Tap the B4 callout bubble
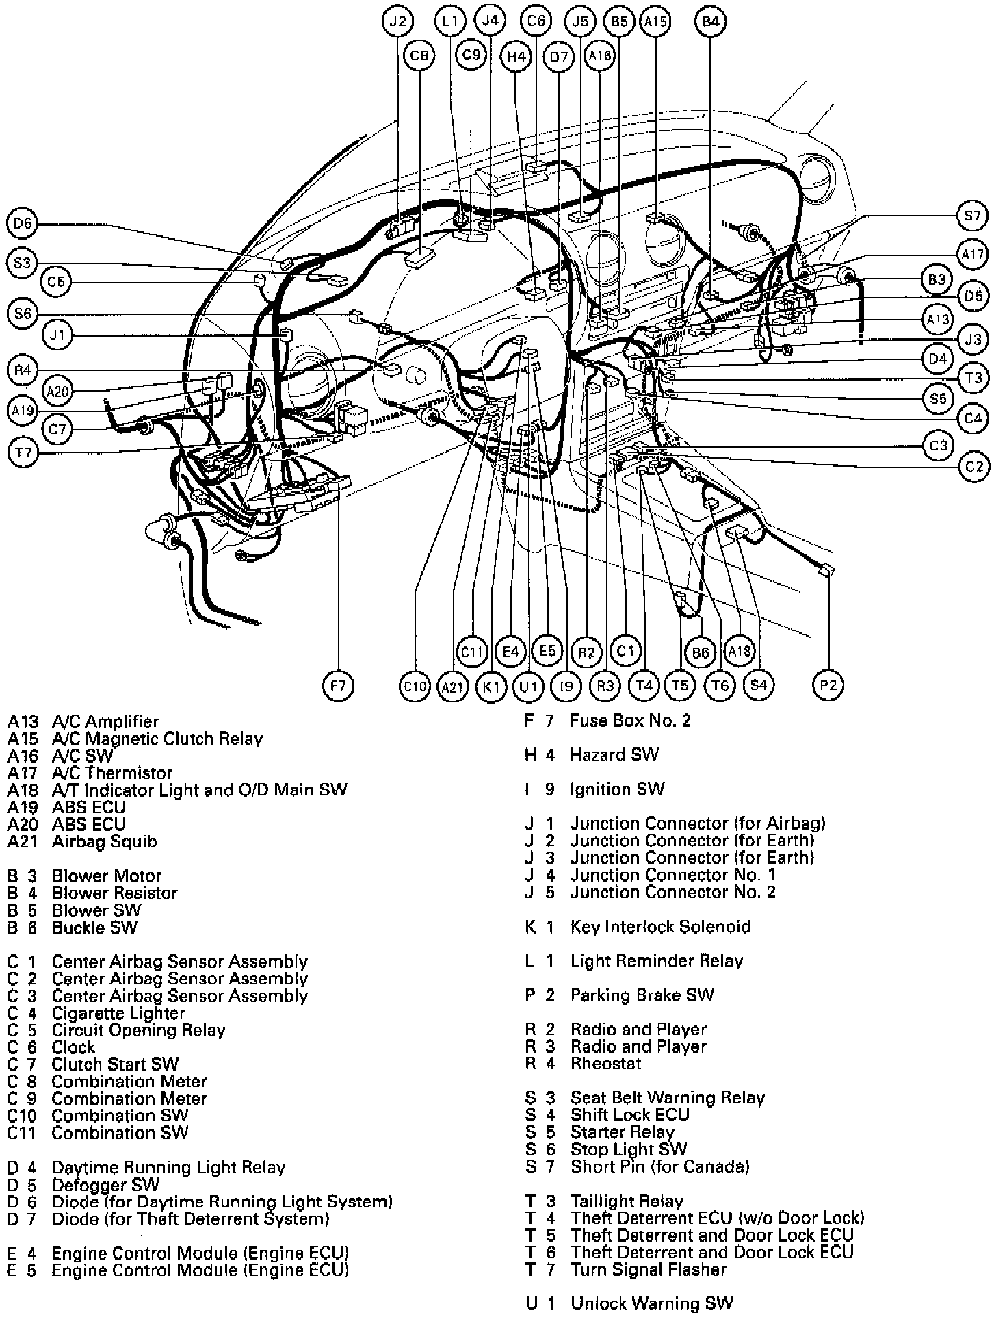[710, 21]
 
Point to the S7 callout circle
[971, 217]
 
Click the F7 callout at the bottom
[338, 685]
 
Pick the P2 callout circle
[828, 685]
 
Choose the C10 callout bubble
[415, 686]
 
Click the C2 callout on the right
[973, 467]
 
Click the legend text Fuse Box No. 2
[630, 721]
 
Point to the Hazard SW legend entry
[614, 755]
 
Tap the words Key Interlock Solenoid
[660, 927]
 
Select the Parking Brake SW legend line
[642, 995]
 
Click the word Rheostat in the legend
[605, 1064]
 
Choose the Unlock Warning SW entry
[651, 1304]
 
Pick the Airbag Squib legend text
[104, 841]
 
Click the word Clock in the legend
[73, 1047]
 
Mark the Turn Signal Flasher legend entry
[648, 1270]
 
